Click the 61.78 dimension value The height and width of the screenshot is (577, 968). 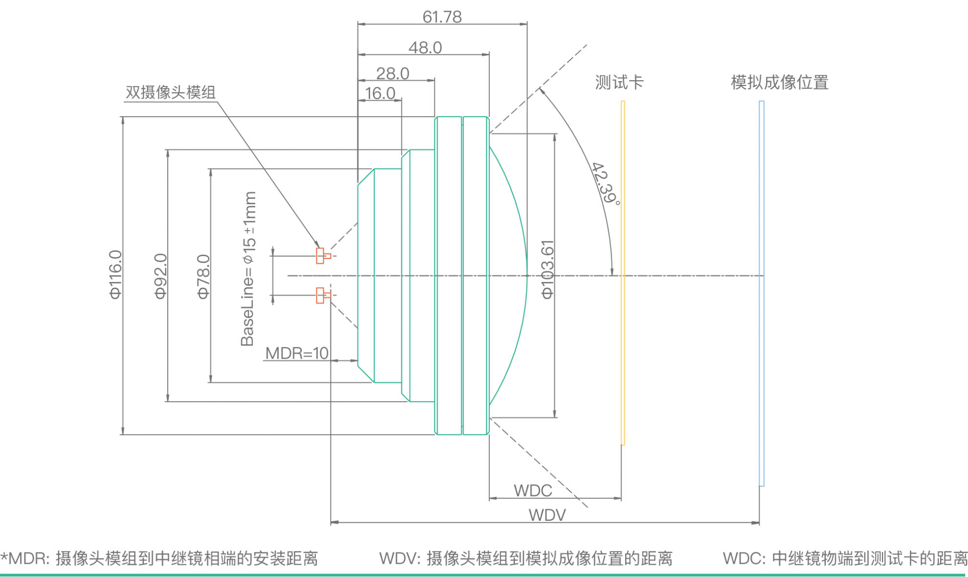pos(442,17)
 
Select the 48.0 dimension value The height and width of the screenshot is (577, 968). pos(425,48)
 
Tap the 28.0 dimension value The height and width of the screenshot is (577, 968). pos(393,74)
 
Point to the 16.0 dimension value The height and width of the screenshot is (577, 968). pos(380,93)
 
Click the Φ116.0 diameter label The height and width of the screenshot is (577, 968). pos(115,275)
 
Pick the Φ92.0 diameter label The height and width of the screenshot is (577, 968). pos(160,276)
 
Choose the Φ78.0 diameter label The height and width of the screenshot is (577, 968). pos(203,277)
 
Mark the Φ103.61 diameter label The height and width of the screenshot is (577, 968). pos(548,270)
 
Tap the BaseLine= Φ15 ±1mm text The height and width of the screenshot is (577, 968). pos(248,269)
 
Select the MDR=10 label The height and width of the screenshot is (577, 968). pos(297,353)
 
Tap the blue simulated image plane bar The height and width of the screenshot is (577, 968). pos(762,293)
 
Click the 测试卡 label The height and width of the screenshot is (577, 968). pos(619,82)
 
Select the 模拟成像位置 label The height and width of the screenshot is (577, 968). pos(779,82)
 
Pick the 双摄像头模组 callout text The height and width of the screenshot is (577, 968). pos(170,92)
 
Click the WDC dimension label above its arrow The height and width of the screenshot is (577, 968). pos(532,490)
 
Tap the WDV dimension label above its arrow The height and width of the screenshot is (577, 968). pos(547,514)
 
